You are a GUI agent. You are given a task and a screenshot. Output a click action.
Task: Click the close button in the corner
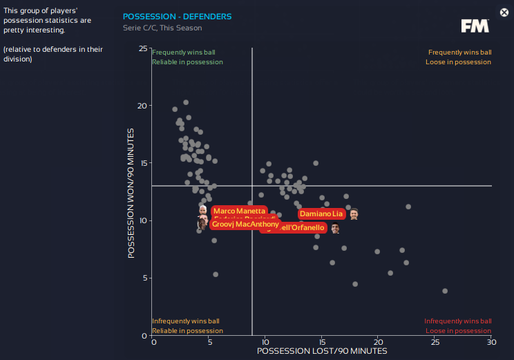(504, 12)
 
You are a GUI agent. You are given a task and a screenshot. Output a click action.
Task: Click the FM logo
(475, 26)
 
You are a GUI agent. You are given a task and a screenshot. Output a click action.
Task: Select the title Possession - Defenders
(177, 16)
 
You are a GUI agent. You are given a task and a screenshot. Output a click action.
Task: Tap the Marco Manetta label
(238, 211)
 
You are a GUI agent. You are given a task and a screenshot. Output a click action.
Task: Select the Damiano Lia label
(321, 214)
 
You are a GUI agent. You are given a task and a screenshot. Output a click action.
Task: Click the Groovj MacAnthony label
(245, 225)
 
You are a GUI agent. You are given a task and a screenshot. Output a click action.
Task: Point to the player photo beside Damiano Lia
(354, 214)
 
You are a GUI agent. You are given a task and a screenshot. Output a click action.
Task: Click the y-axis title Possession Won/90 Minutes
(131, 193)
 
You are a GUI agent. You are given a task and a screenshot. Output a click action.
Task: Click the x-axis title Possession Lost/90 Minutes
(322, 351)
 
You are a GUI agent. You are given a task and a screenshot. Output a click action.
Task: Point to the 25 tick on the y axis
(142, 48)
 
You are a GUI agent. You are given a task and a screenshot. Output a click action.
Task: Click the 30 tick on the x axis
(491, 342)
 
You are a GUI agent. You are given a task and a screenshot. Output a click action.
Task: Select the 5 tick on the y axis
(144, 278)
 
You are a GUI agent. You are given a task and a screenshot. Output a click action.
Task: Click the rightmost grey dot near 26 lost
(445, 291)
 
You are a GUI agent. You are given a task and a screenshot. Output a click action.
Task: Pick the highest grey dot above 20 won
(186, 102)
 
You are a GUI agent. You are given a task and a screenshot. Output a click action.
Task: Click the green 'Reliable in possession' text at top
(187, 62)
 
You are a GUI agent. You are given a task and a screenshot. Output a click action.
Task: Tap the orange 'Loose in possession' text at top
(459, 62)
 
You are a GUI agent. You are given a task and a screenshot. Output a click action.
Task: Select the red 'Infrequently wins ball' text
(457, 321)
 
